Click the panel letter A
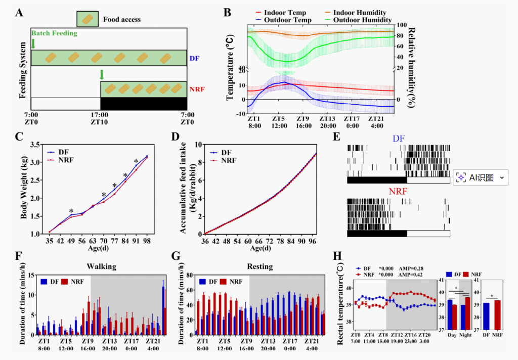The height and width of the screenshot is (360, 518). (x=19, y=12)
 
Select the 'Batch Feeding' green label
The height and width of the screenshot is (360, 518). (x=55, y=33)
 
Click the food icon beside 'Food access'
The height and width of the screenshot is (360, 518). (x=88, y=19)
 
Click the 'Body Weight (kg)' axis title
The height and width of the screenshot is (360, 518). (x=24, y=190)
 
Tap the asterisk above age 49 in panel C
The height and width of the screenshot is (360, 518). (x=71, y=211)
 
